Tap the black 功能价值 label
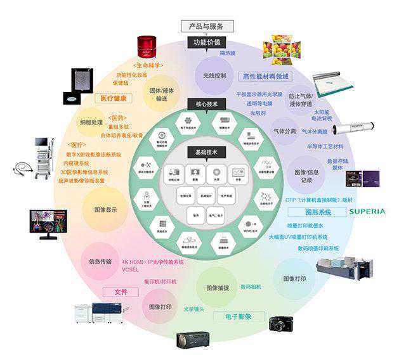(x=203, y=42)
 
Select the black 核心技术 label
(x=203, y=102)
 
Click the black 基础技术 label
(x=203, y=151)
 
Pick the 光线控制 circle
(x=214, y=75)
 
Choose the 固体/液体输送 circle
(x=162, y=94)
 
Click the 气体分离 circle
(x=285, y=131)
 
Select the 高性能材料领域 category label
(x=266, y=77)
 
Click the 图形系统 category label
(x=310, y=212)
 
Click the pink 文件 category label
(x=121, y=292)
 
